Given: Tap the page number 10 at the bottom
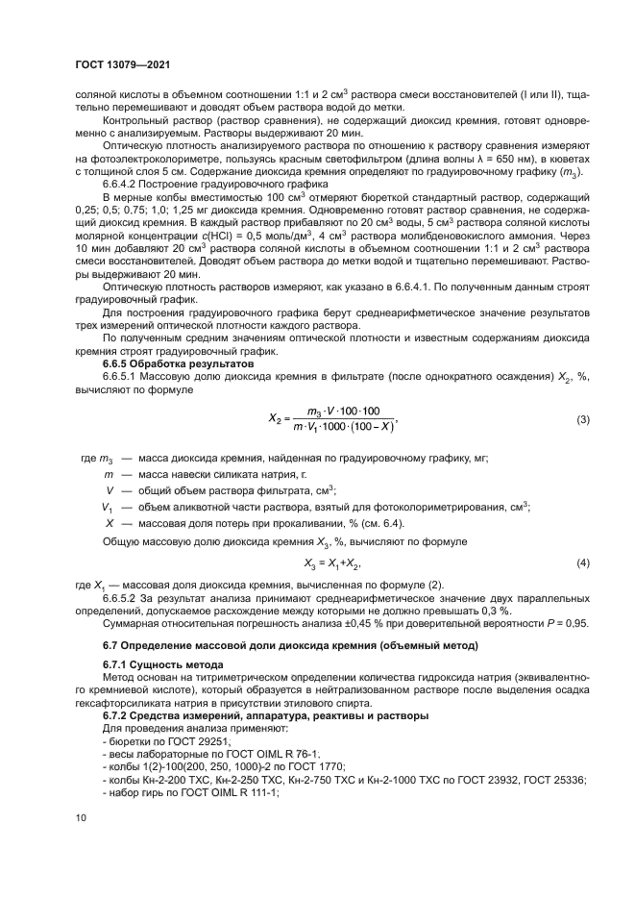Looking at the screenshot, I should pos(82,817).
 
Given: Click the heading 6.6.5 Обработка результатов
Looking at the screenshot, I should pos(165,365).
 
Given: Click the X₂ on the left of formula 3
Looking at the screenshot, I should pos(275,421).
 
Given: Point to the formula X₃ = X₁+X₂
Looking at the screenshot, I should pos(332,562).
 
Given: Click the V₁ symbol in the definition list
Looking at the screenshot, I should pos(108,507).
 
